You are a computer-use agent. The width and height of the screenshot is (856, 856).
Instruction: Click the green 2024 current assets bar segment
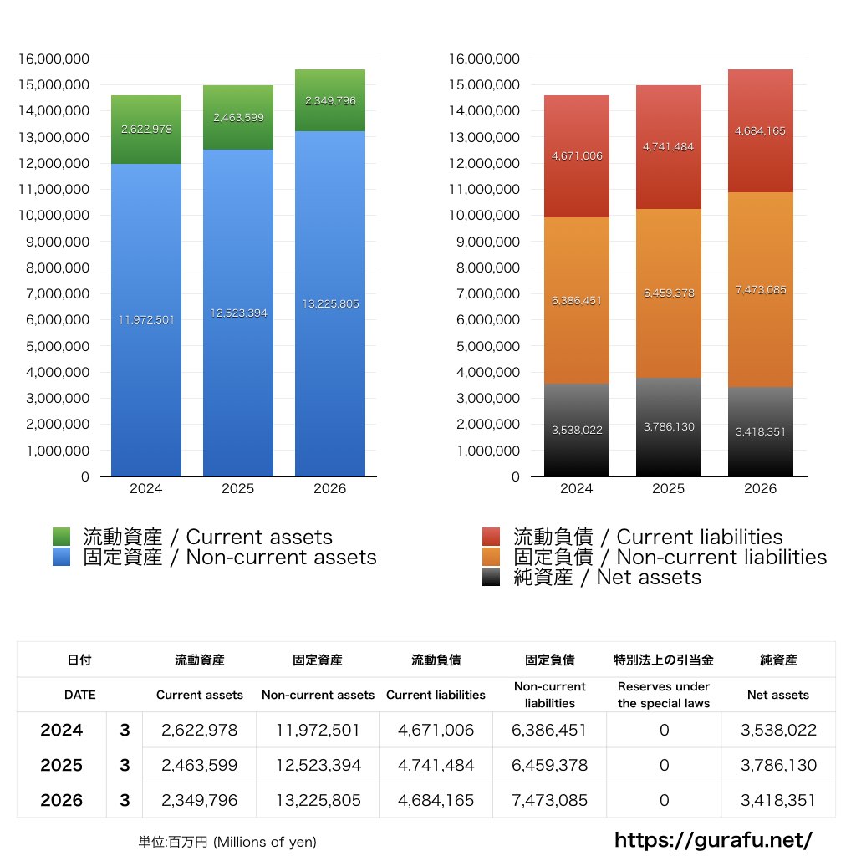(146, 130)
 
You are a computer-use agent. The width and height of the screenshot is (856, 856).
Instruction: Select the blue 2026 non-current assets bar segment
(330, 303)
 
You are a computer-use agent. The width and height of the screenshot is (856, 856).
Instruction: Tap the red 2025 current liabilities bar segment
(669, 147)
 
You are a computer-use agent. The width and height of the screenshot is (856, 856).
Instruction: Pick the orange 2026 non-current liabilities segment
(761, 289)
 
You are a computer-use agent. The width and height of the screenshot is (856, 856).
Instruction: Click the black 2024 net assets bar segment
(577, 431)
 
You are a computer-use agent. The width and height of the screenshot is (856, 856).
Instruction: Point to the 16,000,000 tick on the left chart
(53, 59)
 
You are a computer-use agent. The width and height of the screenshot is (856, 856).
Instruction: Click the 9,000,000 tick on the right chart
(487, 242)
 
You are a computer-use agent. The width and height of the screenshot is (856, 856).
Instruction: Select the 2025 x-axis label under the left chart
(238, 488)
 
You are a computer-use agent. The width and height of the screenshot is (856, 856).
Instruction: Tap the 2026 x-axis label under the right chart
(761, 488)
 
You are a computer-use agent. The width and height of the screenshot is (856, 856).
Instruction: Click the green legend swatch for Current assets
(61, 537)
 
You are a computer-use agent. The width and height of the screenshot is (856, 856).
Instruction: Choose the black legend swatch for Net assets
(492, 577)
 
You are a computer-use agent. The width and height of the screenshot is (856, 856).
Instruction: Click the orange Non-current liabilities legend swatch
(492, 557)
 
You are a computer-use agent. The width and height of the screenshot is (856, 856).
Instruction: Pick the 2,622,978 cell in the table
(199, 730)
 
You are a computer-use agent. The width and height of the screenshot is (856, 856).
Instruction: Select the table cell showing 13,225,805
(318, 800)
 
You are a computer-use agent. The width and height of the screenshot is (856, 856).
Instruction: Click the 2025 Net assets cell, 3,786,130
(778, 765)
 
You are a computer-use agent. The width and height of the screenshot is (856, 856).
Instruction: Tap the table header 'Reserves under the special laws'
(664, 695)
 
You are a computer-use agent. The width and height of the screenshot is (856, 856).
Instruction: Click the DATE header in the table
(79, 695)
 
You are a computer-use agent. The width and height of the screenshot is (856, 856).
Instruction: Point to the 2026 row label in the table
(61, 800)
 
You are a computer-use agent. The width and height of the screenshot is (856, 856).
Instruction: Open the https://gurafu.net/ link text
(713, 839)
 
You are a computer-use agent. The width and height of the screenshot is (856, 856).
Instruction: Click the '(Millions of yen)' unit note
(265, 842)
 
